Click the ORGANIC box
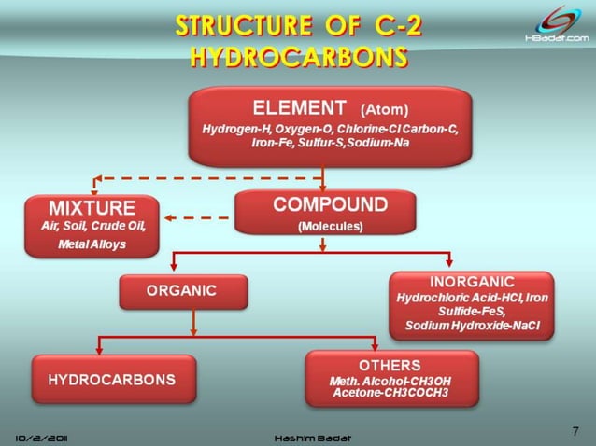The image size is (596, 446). (183, 291)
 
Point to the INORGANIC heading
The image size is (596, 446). (472, 281)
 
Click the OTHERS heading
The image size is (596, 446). (390, 365)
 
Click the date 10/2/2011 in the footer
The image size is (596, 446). (46, 437)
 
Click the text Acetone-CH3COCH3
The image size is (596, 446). (390, 393)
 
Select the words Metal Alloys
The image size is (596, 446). (92, 244)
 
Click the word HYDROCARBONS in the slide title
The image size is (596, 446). (298, 57)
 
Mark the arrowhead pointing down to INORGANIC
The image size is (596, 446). (448, 259)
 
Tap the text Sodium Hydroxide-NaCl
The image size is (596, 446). (472, 325)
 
